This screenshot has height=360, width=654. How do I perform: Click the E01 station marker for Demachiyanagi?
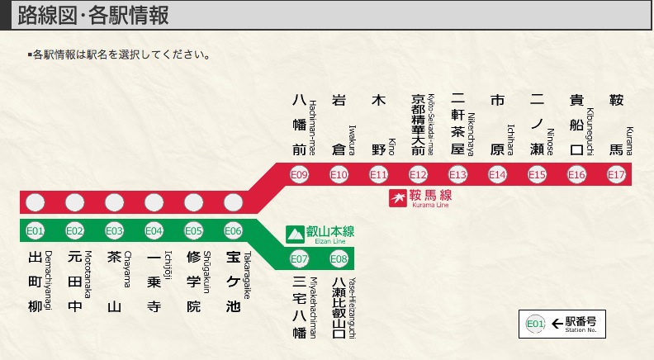[35, 230]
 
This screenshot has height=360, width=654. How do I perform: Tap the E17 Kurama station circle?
[616, 174]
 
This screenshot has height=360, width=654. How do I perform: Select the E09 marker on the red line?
[299, 174]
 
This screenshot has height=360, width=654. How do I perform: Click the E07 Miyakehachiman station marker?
[299, 258]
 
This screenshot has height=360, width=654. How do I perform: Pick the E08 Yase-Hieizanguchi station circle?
[339, 258]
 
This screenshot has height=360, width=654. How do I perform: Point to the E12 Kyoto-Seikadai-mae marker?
[418, 174]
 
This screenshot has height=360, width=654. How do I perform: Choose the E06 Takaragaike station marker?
[233, 230]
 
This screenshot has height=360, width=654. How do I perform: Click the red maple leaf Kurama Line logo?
[398, 197]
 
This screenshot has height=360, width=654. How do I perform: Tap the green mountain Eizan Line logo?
[295, 234]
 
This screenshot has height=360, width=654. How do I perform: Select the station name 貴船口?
[576, 124]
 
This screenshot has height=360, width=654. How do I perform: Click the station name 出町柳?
[35, 282]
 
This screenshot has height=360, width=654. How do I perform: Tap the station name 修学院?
[193, 282]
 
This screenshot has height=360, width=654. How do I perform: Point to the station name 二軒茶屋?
[457, 124]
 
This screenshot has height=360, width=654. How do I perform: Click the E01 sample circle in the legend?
[535, 324]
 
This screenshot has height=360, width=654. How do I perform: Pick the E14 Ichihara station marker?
[497, 174]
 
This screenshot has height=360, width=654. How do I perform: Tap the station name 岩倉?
[339, 124]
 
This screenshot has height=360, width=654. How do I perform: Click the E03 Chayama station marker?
[114, 230]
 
